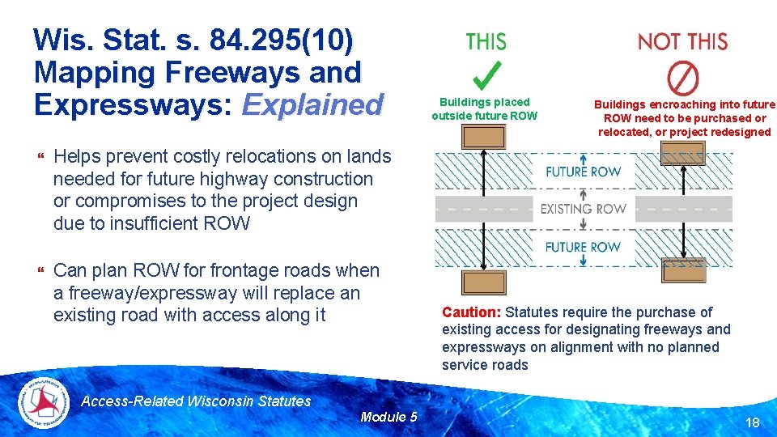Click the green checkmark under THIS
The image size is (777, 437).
pyautogui.click(x=486, y=75)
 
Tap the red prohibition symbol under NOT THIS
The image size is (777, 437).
pyautogui.click(x=682, y=78)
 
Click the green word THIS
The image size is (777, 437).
pyautogui.click(x=486, y=41)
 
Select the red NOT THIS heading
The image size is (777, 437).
pyautogui.click(x=682, y=41)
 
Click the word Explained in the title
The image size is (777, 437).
pyautogui.click(x=312, y=104)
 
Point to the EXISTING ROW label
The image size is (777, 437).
pyautogui.click(x=583, y=209)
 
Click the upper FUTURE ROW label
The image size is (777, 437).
pyautogui.click(x=583, y=172)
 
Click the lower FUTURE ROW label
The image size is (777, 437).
pyautogui.click(x=583, y=247)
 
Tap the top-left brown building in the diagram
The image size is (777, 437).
pyautogui.click(x=483, y=137)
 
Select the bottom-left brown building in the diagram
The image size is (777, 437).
pyautogui.click(x=483, y=282)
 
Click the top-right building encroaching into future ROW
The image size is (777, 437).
pyautogui.click(x=683, y=153)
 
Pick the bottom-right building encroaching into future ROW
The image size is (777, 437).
pyautogui.click(x=683, y=269)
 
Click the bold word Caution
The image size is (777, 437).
pyautogui.click(x=471, y=312)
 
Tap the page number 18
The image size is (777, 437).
pyautogui.click(x=751, y=422)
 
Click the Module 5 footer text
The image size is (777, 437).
pyautogui.click(x=388, y=417)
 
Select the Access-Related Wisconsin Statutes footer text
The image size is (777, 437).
pyautogui.click(x=196, y=401)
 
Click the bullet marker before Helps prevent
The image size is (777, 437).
pyautogui.click(x=40, y=156)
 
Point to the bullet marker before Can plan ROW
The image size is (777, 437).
pyautogui.click(x=40, y=270)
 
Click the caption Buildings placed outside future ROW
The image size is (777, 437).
pyautogui.click(x=484, y=109)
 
